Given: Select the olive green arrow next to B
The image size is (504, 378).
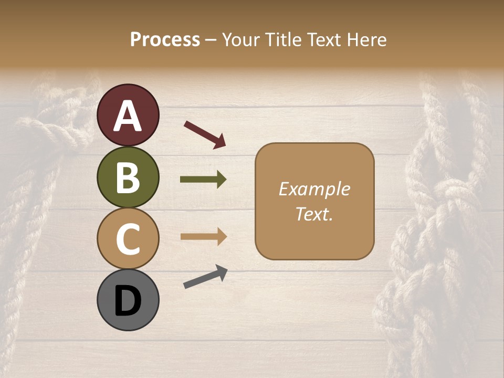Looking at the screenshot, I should click(203, 180).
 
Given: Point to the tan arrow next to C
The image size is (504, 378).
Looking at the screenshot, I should click(203, 237).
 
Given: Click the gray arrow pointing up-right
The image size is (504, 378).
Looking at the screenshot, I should click(205, 277).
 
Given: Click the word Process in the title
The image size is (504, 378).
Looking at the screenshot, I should click(165, 39).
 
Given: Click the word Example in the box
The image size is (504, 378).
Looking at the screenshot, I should click(314, 190).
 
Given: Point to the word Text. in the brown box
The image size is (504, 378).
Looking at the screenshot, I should click(314, 214).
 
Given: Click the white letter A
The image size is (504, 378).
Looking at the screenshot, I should click(128, 116).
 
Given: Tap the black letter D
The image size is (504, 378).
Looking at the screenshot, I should click(128, 301).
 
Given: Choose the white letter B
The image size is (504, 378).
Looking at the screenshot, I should click(128, 177).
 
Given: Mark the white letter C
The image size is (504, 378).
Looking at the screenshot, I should click(128, 239).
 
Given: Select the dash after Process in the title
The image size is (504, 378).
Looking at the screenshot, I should click(211, 40).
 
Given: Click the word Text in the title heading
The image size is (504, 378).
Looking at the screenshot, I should click(324, 39).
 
